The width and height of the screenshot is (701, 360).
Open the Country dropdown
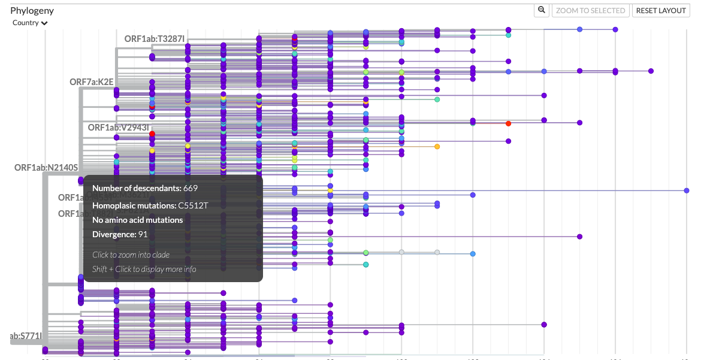tap(30, 23)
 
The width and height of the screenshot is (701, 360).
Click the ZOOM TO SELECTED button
tap(590, 10)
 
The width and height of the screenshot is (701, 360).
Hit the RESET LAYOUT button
tap(661, 10)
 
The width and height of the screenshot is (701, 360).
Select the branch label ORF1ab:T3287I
tap(154, 39)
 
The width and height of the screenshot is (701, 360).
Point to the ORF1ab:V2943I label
tap(118, 127)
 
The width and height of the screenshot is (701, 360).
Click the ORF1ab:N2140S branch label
tap(46, 167)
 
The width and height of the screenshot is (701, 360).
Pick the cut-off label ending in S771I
tap(26, 336)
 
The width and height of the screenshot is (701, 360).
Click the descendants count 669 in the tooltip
tap(191, 188)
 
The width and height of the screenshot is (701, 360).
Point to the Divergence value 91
tap(143, 234)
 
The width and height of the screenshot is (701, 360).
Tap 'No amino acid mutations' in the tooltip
tap(137, 220)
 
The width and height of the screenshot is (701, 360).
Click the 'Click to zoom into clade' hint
tap(131, 255)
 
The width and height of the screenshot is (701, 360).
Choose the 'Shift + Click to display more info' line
tap(144, 269)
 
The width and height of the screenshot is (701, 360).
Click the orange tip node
tap(437, 147)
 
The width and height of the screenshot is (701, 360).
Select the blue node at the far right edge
tap(687, 190)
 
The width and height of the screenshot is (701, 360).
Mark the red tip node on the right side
tap(508, 123)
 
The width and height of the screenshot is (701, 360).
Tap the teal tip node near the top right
tap(508, 35)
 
